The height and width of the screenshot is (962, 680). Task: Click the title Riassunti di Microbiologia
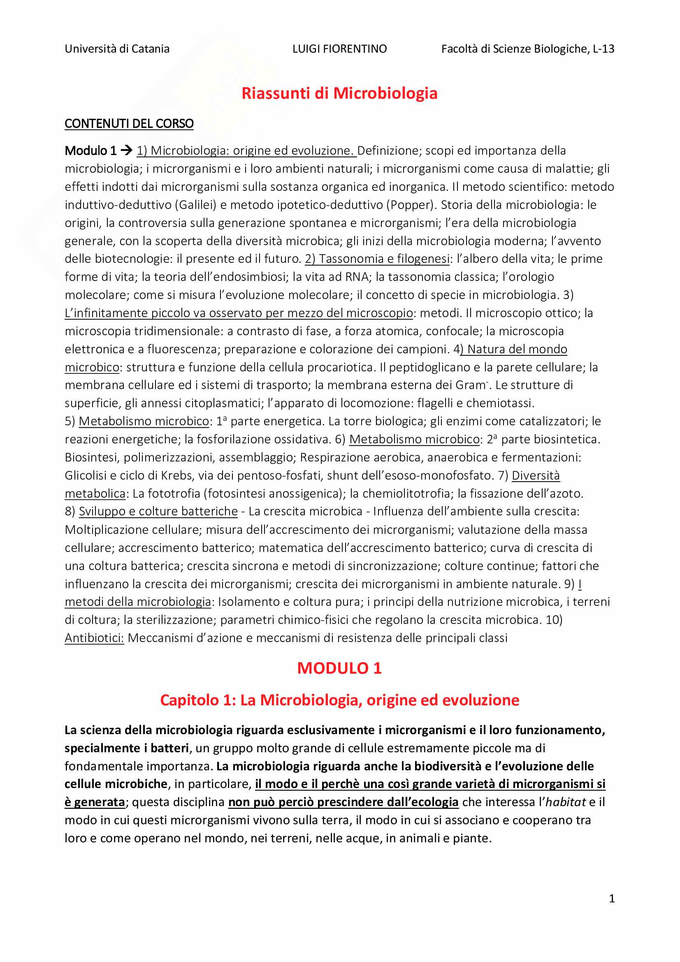pos(339,93)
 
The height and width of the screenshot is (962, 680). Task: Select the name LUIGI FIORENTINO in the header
pos(339,49)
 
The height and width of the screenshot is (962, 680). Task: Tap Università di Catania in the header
pos(117,49)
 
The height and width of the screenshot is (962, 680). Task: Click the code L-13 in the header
pos(603,49)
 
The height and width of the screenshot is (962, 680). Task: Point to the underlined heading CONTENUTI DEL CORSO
pos(129,124)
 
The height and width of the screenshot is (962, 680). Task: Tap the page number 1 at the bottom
pos(612,899)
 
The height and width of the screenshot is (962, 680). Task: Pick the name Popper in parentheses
pos(411,205)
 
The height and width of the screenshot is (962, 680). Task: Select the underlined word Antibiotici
pos(94,638)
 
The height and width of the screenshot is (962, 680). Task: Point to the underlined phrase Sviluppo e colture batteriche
pos(158,512)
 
